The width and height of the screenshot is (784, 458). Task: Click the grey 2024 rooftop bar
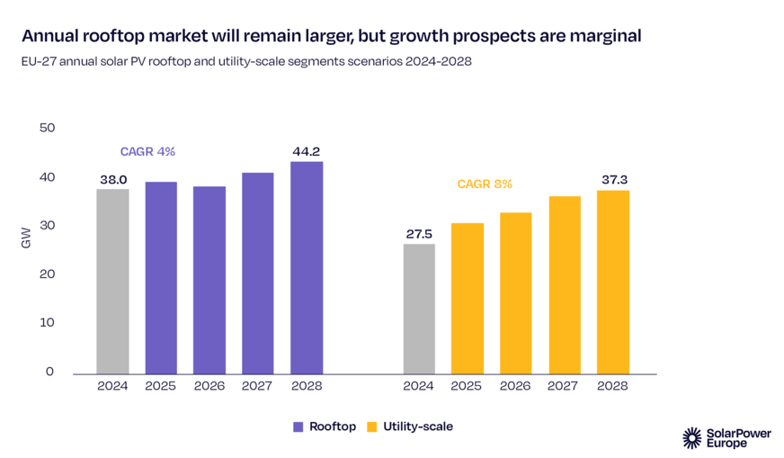pyautogui.click(x=112, y=281)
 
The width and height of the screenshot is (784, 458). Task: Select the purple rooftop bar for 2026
pyautogui.click(x=209, y=280)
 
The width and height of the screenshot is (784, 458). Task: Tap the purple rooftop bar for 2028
pyautogui.click(x=307, y=267)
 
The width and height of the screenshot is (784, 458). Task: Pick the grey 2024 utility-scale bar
pyautogui.click(x=418, y=309)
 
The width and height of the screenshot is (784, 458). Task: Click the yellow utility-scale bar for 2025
pyautogui.click(x=467, y=298)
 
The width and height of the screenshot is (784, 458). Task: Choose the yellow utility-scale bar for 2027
pyautogui.click(x=564, y=284)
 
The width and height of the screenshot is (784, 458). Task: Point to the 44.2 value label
pyautogui.click(x=307, y=151)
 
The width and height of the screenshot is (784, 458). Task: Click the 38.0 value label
pyautogui.click(x=112, y=179)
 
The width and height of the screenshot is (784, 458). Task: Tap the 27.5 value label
pyautogui.click(x=418, y=234)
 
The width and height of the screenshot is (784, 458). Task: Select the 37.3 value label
pyautogui.click(x=613, y=180)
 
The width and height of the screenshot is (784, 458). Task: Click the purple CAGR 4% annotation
pyautogui.click(x=147, y=152)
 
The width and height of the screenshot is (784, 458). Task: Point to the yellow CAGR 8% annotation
pyautogui.click(x=484, y=184)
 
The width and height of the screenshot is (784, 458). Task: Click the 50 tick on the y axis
pyautogui.click(x=47, y=128)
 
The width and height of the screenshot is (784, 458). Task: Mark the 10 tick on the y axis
pyautogui.click(x=48, y=322)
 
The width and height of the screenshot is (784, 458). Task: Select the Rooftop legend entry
pyautogui.click(x=325, y=426)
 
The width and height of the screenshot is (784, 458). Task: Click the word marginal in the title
pyautogui.click(x=599, y=37)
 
